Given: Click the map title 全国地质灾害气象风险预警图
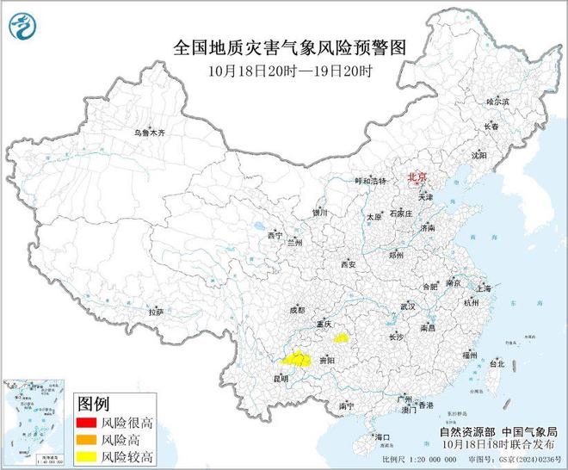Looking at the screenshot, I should (283, 46).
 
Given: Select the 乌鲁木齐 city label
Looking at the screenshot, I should (148, 133).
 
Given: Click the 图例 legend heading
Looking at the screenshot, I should (94, 403).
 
